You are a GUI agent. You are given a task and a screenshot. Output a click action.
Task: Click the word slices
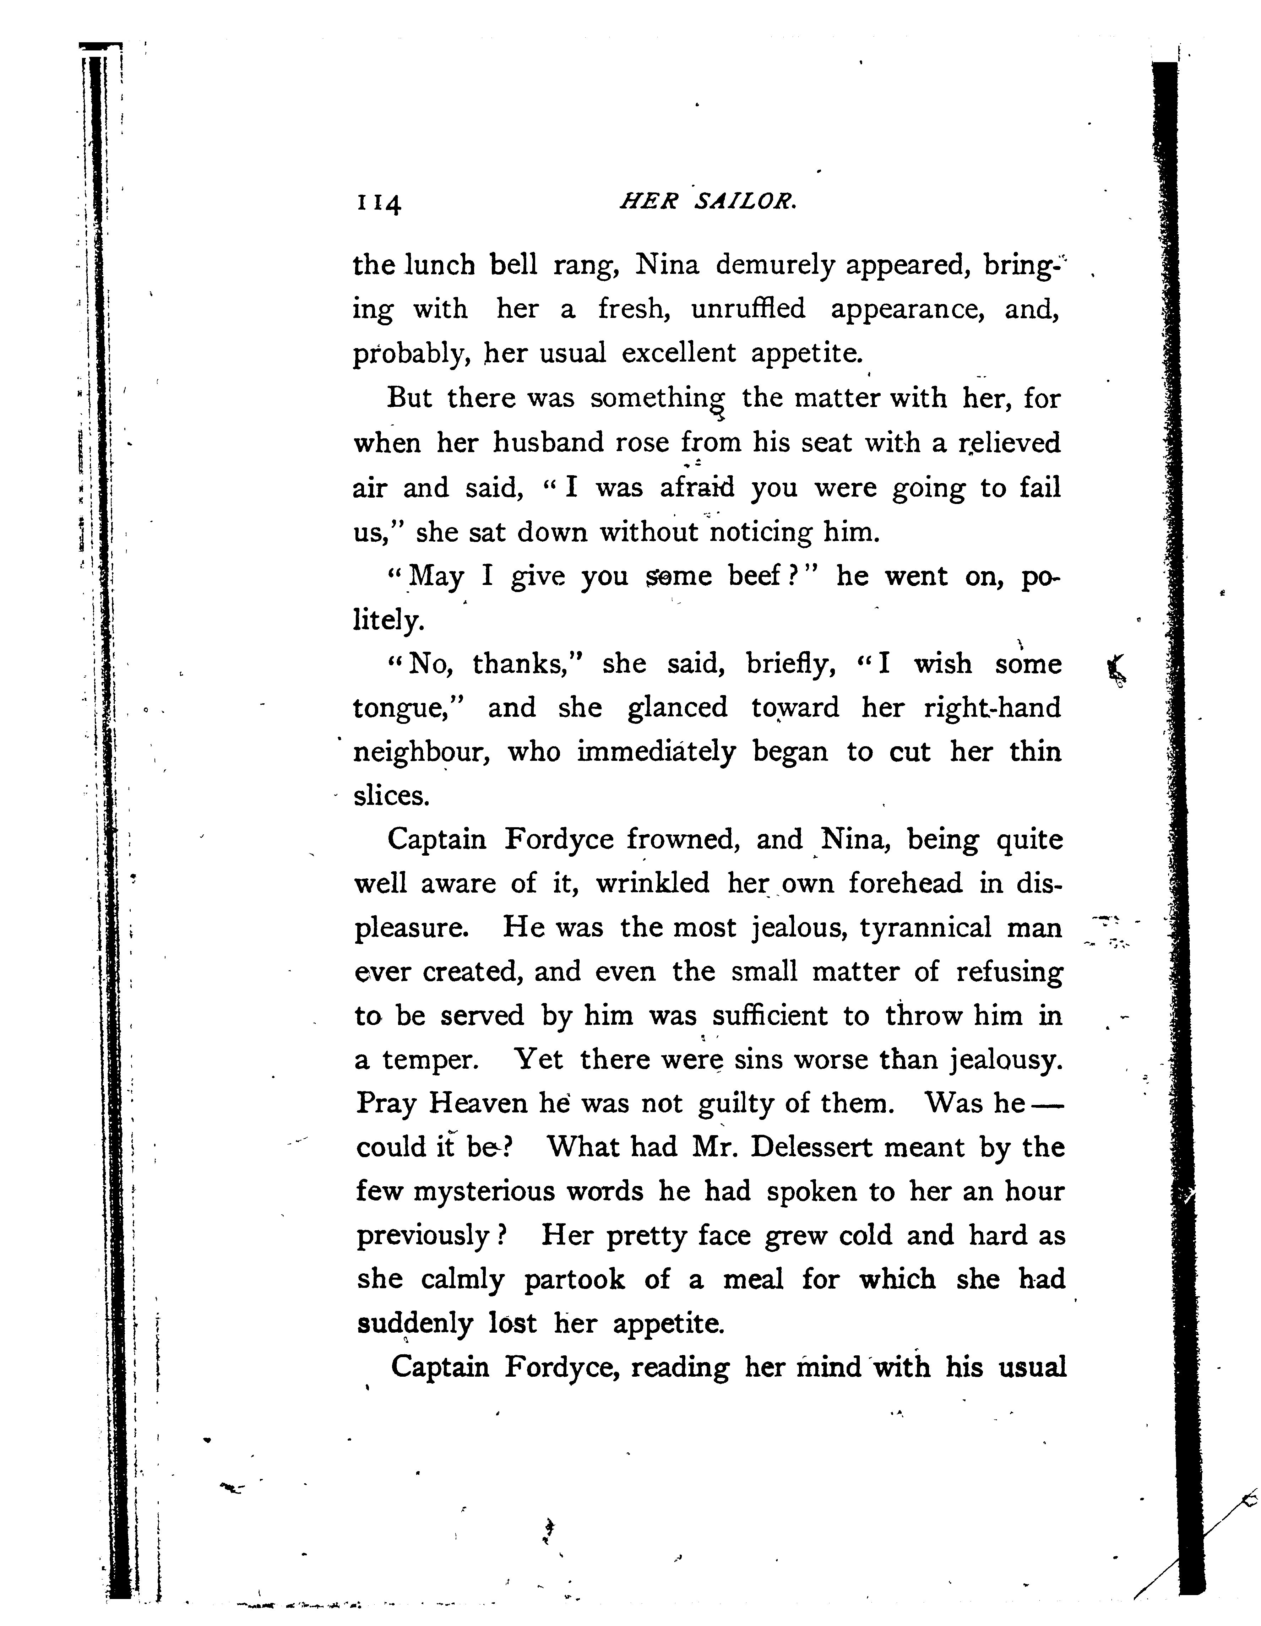392,796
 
